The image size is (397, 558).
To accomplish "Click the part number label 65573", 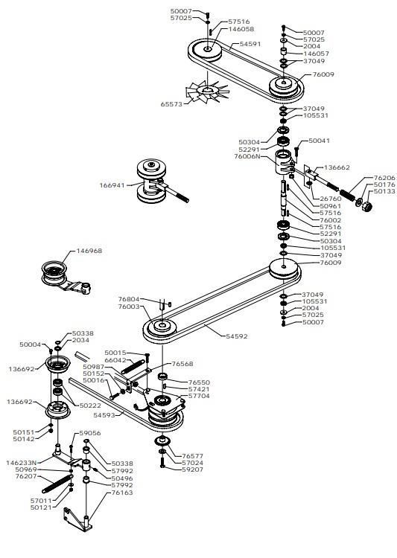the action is pos(171,104).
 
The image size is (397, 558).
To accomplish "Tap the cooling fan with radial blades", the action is pos(207,92).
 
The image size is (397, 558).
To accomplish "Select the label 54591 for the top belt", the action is pos(250,44).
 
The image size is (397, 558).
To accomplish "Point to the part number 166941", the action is pos(112,185).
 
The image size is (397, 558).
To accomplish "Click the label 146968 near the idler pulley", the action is pos(89,251).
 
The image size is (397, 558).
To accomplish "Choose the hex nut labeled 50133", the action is pos(367,206).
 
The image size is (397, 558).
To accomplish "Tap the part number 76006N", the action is pos(247,156).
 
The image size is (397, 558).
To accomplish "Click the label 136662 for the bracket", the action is pos(337,167).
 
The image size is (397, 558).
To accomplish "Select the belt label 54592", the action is pos(237,336).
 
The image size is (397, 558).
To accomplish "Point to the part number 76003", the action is pos(129,307).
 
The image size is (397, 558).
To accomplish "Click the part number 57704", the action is pos(199,396).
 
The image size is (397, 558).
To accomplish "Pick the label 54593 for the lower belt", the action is pos(104,415).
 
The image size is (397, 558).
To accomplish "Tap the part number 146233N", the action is pos(22,463).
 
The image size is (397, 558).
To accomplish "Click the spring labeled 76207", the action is pos(57,484).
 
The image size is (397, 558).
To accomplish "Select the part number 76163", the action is pos(122,493).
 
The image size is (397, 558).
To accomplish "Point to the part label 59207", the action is pos(192,469).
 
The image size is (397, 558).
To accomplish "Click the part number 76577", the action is pos(192,456).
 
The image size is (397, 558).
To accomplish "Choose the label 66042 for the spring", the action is pos(115,360).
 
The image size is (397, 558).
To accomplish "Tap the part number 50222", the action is pos(90,405).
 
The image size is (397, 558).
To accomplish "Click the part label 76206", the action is pos(384,178).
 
